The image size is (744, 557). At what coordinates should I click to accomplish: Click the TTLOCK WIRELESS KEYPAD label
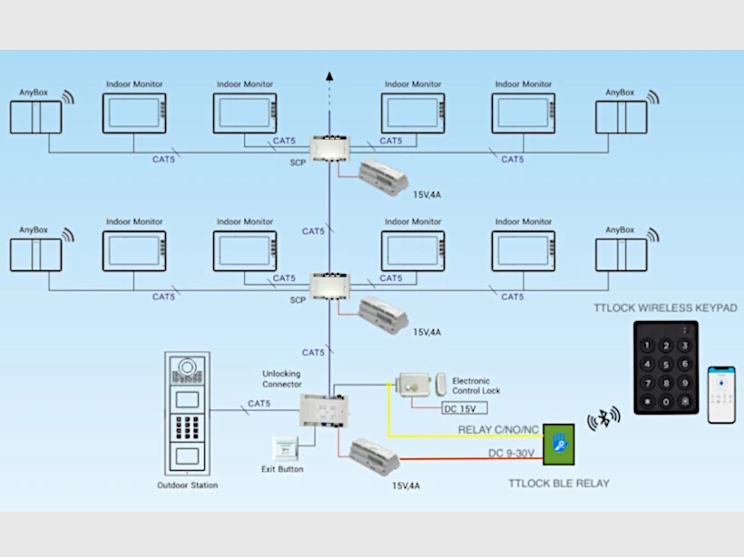(x=665, y=308)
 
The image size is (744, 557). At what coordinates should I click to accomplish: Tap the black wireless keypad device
(x=665, y=367)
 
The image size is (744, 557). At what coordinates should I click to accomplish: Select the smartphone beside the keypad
(x=721, y=394)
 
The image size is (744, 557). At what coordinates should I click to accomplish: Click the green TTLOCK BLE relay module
(x=559, y=442)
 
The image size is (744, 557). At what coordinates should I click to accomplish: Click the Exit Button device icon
(x=285, y=448)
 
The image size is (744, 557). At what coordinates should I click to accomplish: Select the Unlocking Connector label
(x=281, y=378)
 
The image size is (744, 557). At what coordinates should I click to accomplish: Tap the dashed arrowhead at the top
(x=328, y=78)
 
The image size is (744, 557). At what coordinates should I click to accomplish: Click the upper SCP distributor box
(x=328, y=148)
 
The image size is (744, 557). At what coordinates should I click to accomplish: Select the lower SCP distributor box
(x=328, y=286)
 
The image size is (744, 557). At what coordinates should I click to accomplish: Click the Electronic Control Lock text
(x=476, y=386)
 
